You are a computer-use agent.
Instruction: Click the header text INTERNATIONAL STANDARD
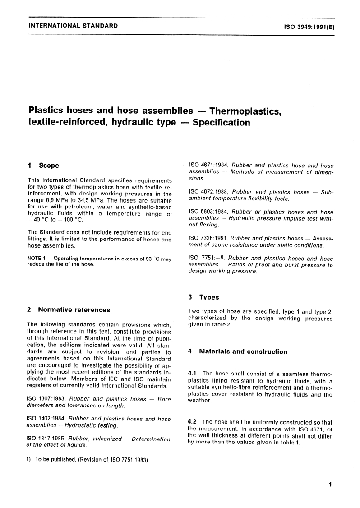(x=73, y=26)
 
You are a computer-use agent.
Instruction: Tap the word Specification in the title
(x=221, y=122)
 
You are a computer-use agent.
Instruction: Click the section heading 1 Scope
(x=43, y=166)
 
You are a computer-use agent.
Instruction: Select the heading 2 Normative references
(x=68, y=310)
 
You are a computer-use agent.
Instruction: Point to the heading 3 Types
(x=203, y=297)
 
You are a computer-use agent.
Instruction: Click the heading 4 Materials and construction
(x=237, y=351)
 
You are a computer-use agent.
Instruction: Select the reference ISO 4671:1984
(x=208, y=165)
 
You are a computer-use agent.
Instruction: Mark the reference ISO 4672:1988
(x=208, y=192)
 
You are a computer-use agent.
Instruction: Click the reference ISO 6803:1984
(x=208, y=212)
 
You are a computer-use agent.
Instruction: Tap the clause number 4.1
(x=192, y=373)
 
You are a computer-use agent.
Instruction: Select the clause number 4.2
(x=192, y=422)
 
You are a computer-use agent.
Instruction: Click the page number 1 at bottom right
(x=331, y=485)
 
